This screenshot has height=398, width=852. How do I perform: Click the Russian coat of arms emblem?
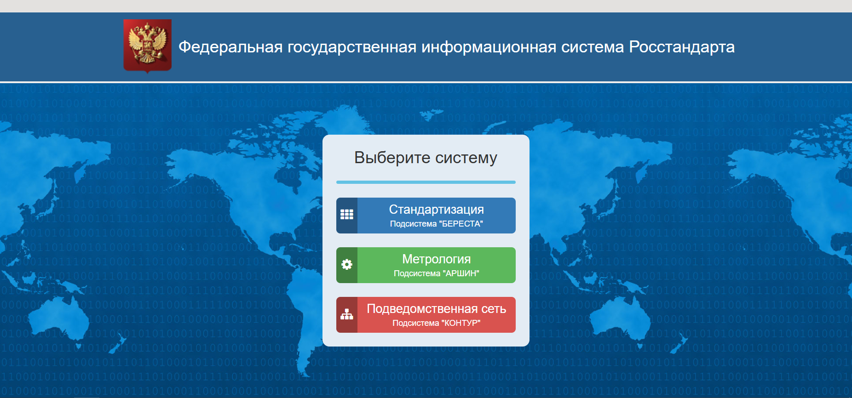(x=147, y=45)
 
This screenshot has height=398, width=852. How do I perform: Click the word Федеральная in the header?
(x=230, y=47)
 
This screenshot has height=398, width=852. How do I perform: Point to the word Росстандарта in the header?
(x=682, y=47)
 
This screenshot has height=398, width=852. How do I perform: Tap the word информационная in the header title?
(x=489, y=47)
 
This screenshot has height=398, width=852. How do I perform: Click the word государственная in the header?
(x=352, y=47)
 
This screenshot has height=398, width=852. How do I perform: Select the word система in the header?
(x=593, y=47)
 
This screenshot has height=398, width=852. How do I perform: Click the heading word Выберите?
(x=392, y=158)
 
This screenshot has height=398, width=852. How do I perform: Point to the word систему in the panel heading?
(x=466, y=158)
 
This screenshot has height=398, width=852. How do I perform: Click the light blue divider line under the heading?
(x=426, y=182)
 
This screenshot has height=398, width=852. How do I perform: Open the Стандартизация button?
(x=426, y=216)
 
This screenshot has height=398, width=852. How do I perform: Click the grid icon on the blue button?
(x=347, y=215)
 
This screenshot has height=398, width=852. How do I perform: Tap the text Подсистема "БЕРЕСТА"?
(x=437, y=224)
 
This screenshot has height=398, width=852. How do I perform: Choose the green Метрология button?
(x=426, y=265)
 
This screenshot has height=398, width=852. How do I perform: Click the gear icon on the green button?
(x=347, y=264)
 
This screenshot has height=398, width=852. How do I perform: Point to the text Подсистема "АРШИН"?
(x=437, y=273)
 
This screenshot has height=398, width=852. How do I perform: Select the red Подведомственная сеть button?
(x=426, y=315)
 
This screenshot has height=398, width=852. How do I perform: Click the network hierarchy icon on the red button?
(x=347, y=314)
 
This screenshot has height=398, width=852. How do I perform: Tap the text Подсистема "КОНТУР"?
(x=437, y=323)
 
